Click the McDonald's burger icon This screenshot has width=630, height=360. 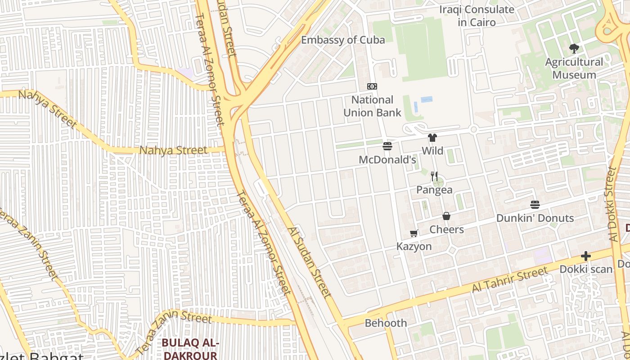point(387,146)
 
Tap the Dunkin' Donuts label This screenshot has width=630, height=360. point(535,218)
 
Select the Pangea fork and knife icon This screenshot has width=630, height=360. point(434,176)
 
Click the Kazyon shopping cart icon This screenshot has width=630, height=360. point(414,233)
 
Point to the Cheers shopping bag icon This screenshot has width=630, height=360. point(446,216)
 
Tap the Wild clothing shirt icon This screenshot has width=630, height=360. point(432,138)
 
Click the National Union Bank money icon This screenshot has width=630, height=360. point(372,86)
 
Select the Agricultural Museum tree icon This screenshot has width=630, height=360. point(574,49)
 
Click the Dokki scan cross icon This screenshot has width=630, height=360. point(585,256)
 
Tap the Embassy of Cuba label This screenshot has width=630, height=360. point(343,40)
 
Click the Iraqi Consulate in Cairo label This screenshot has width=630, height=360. point(477,16)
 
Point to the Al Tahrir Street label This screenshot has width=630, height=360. point(509,279)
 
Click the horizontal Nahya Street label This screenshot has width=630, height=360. point(173,150)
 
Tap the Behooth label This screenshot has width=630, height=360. point(386,323)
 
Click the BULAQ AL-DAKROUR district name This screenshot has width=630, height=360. point(190,349)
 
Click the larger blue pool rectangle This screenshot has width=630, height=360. point(427,99)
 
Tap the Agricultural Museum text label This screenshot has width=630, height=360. point(574,68)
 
